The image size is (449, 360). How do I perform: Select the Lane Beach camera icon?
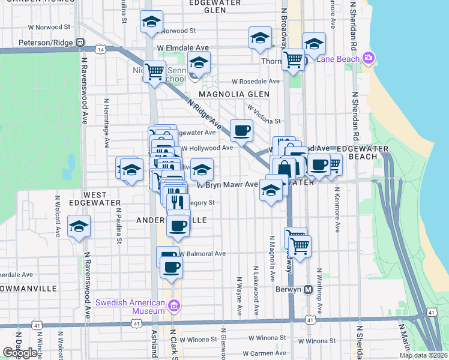pyautogui.click(x=369, y=58)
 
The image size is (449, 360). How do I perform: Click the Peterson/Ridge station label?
pyautogui.click(x=44, y=43)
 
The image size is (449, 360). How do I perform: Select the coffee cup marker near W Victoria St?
pyautogui.click(x=242, y=130)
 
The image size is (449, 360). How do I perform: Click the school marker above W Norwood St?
pyautogui.click(x=152, y=22)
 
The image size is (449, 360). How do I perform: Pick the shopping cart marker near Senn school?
pyautogui.click(x=155, y=72)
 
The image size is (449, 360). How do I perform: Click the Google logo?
pyautogui.click(x=20, y=353)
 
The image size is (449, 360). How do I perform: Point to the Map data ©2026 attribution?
pyautogui.click(x=423, y=355)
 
